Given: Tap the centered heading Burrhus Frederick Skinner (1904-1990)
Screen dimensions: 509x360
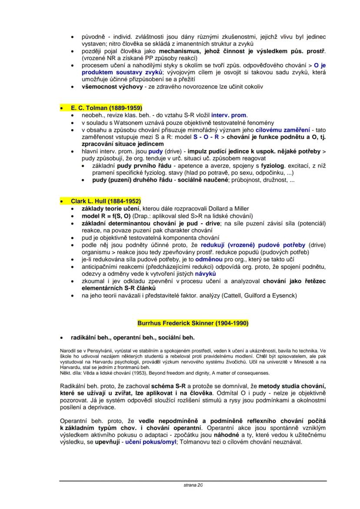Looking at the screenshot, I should [x=193, y=323].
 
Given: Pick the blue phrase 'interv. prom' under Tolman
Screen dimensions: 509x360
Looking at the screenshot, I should [x=229, y=115].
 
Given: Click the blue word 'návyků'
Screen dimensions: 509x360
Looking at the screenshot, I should [x=205, y=275].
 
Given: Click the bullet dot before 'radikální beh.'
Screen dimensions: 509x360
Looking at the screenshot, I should [x=63, y=337].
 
